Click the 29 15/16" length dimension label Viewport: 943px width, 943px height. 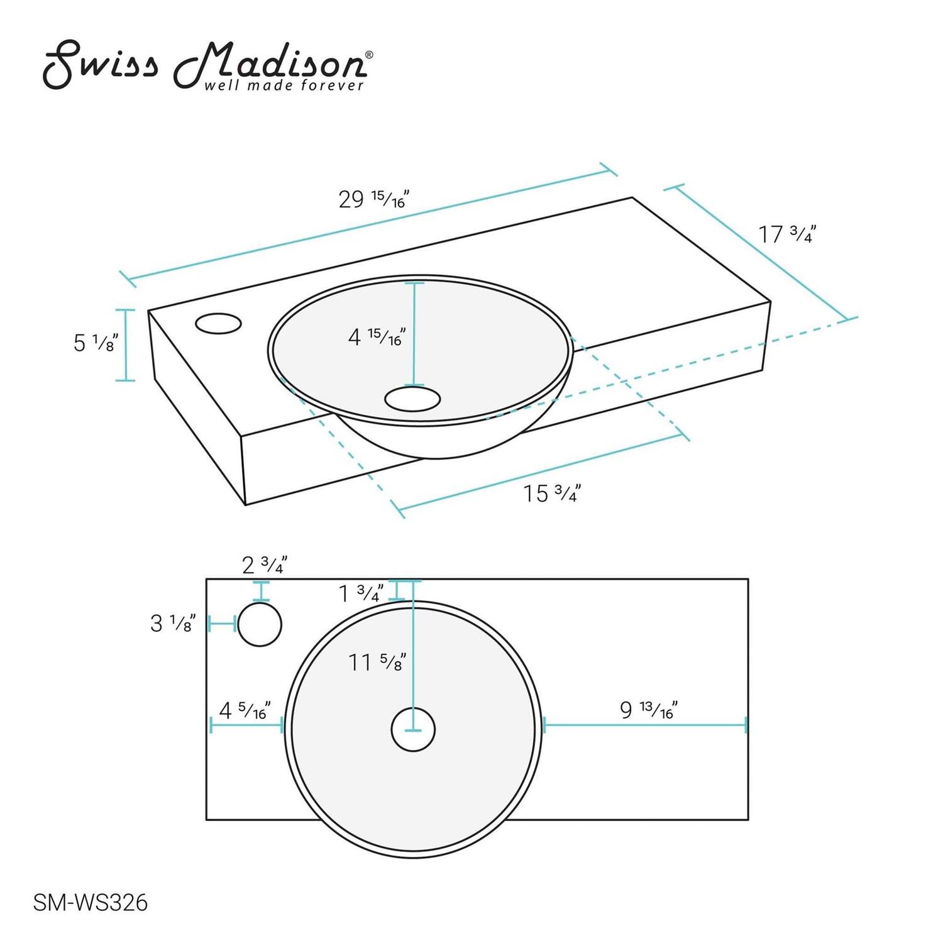tap(373, 199)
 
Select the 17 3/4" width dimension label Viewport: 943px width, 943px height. tap(786, 234)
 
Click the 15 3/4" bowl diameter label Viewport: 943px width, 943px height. tap(551, 494)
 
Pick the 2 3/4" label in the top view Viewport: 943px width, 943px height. tap(265, 565)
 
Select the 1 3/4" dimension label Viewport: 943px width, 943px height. tap(361, 593)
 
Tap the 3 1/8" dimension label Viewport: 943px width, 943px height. tap(173, 623)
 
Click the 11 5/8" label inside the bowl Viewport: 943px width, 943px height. tap(377, 662)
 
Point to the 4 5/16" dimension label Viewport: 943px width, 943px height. tap(245, 710)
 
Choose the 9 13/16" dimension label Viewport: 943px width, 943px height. tap(648, 710)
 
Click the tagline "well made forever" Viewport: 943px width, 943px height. tap(284, 85)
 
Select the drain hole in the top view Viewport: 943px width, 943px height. tap(413, 730)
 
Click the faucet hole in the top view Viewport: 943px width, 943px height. tap(260, 624)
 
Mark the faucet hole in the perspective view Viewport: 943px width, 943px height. tap(218, 324)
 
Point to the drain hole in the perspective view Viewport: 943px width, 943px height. tap(412, 399)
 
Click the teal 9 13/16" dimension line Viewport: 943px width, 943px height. tap(644, 725)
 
